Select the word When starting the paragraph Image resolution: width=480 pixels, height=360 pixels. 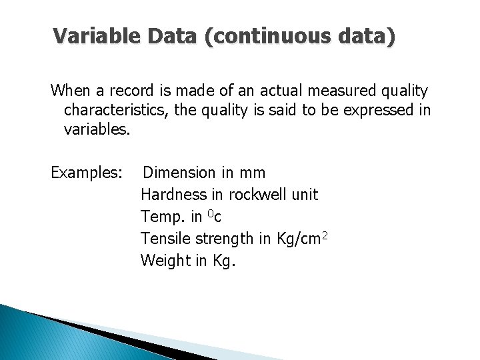(x=70, y=90)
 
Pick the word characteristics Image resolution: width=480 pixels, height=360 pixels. (x=117, y=110)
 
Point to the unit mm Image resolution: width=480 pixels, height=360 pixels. (x=252, y=173)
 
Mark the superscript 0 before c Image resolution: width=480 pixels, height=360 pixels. (x=210, y=213)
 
